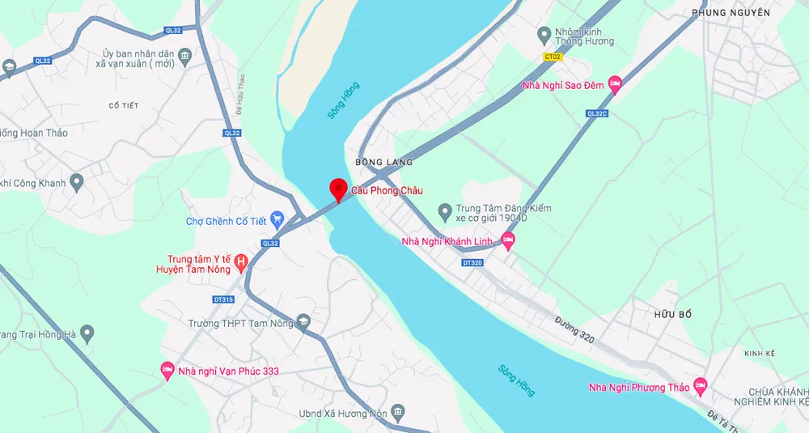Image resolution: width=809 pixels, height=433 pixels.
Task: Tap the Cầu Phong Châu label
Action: (x=387, y=191)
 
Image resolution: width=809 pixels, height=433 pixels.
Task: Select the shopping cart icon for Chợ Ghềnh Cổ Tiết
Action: (x=277, y=219)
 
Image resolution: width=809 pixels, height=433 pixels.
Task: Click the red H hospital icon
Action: (x=240, y=262)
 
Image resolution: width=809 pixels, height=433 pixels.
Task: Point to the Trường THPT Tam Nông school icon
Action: (x=303, y=322)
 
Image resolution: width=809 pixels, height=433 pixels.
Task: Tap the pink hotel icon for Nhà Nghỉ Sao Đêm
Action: (x=615, y=83)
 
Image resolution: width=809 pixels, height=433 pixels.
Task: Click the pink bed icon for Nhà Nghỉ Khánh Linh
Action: (x=508, y=240)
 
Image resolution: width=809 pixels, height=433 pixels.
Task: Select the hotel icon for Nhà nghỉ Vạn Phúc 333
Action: (x=167, y=371)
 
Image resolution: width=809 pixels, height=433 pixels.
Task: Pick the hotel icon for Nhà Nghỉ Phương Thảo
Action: (x=701, y=386)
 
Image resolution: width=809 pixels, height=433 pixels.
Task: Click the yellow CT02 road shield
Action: (x=553, y=57)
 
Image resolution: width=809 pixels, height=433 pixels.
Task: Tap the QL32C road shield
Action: (x=596, y=114)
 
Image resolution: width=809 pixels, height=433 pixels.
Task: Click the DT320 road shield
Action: (x=472, y=263)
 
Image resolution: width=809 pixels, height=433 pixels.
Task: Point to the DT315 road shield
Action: (x=223, y=299)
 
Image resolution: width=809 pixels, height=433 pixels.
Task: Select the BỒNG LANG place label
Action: (x=384, y=163)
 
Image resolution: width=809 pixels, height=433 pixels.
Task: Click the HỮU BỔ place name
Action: (x=675, y=313)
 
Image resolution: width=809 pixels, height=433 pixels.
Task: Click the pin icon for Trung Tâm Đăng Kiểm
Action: (x=444, y=213)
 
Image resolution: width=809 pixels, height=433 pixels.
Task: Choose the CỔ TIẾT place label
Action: (x=125, y=106)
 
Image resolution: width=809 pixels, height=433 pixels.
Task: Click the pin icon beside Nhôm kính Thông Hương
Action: (x=544, y=35)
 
